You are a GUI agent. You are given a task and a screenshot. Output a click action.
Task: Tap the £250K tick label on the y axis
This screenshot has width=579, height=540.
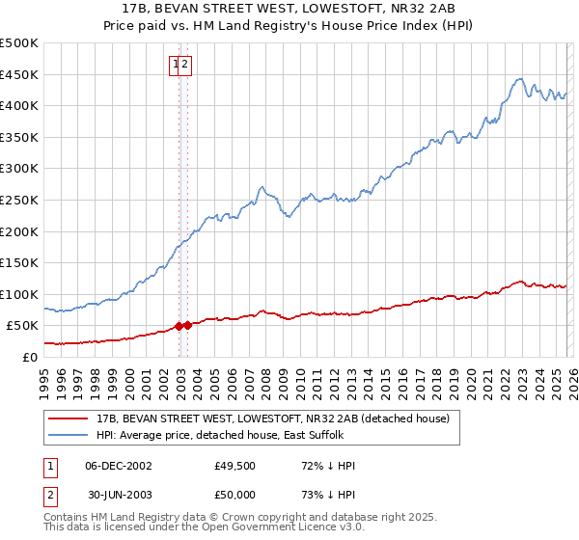(19, 200)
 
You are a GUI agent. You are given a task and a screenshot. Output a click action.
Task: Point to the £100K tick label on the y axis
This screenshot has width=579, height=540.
(19, 294)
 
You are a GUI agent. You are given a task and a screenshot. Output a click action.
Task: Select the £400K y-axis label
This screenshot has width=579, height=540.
(19, 105)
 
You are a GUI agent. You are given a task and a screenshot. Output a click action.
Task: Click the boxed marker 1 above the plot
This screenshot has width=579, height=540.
(176, 65)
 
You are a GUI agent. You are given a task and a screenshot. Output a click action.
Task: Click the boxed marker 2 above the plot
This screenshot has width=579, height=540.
(186, 65)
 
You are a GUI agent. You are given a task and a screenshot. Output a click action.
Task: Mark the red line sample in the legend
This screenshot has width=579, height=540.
(69, 419)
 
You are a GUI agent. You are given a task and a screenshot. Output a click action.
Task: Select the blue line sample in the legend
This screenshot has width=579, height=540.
(69, 436)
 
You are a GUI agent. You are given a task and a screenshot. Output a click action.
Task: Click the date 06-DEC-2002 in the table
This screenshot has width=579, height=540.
(118, 466)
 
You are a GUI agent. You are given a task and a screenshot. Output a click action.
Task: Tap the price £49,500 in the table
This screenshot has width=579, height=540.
(235, 466)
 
